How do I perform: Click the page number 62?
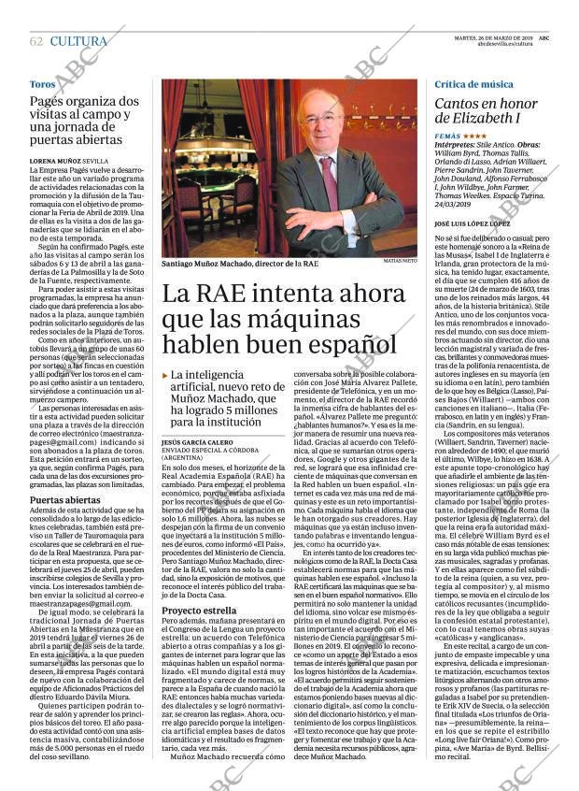(x=36, y=41)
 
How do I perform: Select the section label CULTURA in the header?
(x=78, y=41)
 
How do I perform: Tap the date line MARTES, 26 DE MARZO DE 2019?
(x=505, y=37)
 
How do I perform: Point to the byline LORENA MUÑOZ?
(x=55, y=161)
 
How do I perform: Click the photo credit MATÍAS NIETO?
(x=400, y=262)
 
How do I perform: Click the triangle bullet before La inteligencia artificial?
(x=165, y=375)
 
